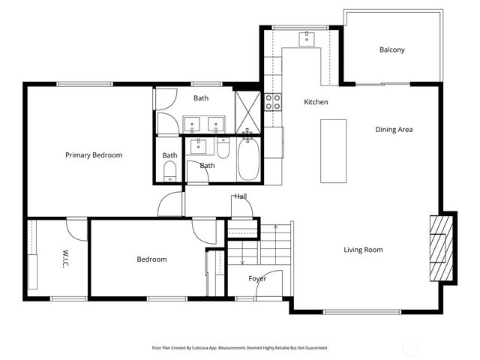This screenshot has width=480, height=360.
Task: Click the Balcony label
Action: pos(391,50)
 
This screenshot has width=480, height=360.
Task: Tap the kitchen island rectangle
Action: pos(334,151)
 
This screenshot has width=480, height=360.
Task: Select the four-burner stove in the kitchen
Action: pos(272,102)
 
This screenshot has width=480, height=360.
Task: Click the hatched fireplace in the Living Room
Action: pos(440,247)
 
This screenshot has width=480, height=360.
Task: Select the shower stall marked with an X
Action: pos(247,112)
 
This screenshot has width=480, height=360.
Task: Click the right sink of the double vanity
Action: pos(217,123)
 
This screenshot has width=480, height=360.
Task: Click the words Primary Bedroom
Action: pos(94,155)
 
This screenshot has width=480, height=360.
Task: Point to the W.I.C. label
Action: pos(66,259)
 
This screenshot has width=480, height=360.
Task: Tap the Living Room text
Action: pos(363,250)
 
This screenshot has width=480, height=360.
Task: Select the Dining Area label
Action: pos(394,130)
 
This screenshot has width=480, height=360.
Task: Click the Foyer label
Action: pos(257,278)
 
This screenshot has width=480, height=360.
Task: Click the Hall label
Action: pos(240,196)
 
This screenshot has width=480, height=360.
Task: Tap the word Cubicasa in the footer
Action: pos(211,348)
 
